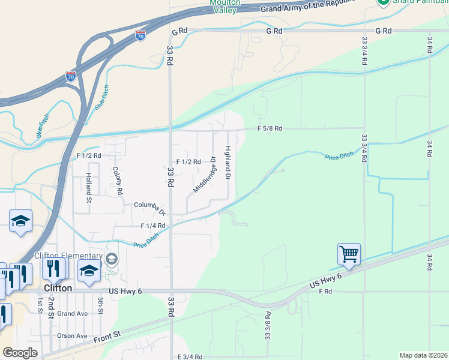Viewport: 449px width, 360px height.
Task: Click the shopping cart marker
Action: [349, 253]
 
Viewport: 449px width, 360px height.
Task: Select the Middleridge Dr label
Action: [204, 175]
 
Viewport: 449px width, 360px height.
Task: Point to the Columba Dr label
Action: [149, 207]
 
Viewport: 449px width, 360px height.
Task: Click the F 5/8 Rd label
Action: [270, 128]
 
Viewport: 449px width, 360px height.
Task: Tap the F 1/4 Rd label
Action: [152, 226]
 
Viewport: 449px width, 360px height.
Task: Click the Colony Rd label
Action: [118, 181]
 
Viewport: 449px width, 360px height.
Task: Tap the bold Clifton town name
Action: [58, 288]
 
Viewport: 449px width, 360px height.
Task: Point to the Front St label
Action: [107, 338]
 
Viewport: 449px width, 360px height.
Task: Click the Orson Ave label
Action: [73, 335]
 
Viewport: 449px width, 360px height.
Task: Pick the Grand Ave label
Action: [73, 313]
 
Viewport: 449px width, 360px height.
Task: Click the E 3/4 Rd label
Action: [193, 357]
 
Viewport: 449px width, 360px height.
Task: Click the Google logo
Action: [20, 353]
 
